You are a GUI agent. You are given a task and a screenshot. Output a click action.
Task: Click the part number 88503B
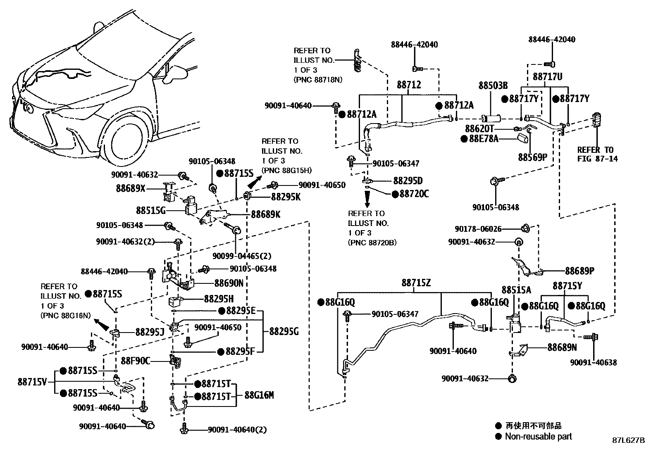493,86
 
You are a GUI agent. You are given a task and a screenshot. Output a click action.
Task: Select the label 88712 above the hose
409,85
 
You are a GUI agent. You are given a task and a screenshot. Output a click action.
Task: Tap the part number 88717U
547,77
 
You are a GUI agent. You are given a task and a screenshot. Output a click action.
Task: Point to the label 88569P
532,157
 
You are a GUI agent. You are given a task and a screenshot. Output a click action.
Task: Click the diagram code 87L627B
628,440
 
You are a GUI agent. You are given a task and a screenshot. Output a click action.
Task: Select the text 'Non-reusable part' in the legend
538,436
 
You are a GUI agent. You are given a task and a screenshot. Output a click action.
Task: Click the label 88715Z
416,283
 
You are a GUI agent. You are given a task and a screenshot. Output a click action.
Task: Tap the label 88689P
580,271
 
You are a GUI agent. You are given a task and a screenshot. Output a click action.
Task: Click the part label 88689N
562,347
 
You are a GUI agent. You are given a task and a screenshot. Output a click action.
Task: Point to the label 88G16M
259,395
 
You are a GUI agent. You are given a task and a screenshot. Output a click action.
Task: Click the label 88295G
284,331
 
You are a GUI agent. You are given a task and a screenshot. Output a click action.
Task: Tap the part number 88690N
229,283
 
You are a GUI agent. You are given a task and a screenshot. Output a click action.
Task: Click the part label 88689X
131,189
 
